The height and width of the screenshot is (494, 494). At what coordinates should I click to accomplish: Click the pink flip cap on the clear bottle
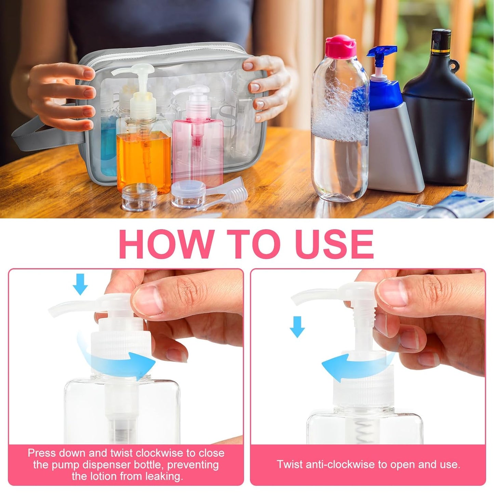(340, 46)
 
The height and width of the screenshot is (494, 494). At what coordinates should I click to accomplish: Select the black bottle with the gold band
(439, 113)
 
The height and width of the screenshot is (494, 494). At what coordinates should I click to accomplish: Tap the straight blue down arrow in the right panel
(297, 327)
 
